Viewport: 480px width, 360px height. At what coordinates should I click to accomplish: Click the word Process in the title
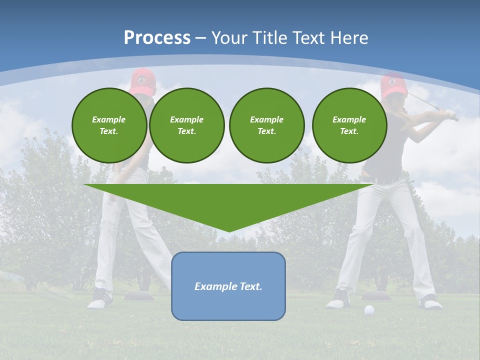157,37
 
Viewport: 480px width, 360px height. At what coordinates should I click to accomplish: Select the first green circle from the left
109,125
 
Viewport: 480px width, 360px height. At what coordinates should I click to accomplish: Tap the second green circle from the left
186,125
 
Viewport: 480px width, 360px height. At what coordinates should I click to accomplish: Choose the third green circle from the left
266,125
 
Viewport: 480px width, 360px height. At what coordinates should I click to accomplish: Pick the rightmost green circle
349,125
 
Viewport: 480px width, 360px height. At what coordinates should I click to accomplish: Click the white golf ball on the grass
369,310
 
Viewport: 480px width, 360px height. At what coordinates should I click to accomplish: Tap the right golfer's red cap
392,84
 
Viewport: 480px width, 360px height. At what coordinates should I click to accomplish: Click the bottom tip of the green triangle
228,230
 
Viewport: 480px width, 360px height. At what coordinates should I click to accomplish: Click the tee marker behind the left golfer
137,296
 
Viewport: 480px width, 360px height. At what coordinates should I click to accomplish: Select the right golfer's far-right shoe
430,301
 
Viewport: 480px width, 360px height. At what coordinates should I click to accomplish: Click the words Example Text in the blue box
228,286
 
